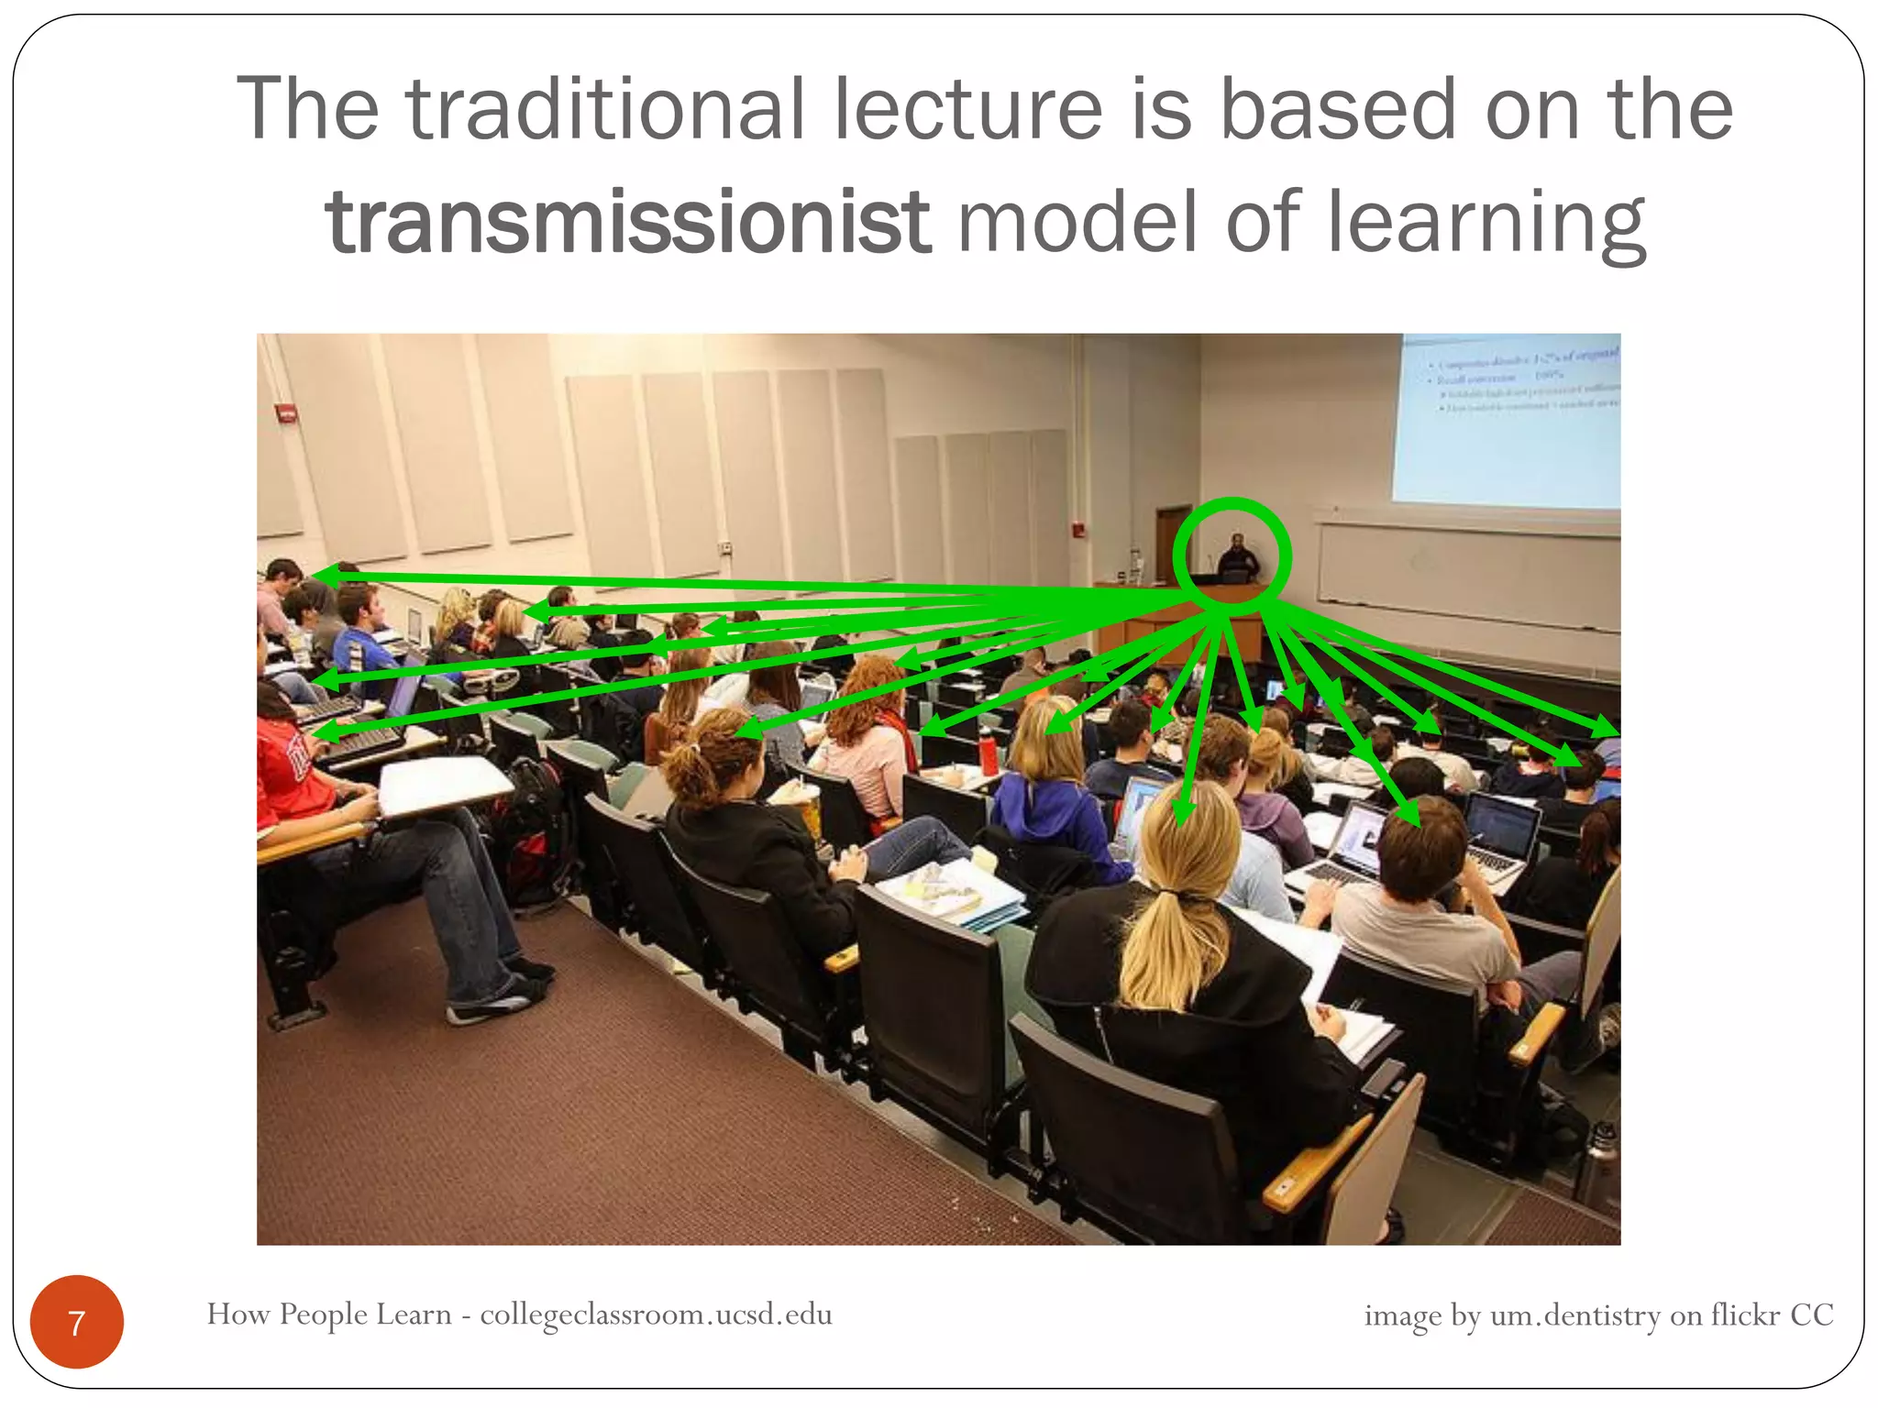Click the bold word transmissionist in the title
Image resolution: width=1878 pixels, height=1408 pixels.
[x=628, y=223]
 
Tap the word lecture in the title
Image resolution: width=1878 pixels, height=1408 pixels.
[x=967, y=110]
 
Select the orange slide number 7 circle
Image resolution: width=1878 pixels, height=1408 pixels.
[x=77, y=1322]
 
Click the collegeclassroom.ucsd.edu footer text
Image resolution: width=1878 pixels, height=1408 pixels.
[x=656, y=1314]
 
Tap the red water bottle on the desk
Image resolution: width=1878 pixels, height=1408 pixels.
[x=987, y=753]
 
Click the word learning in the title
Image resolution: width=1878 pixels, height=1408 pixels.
[x=1486, y=223]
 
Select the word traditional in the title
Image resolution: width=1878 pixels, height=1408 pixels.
[x=605, y=110]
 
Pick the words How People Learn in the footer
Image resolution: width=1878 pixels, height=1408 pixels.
[x=328, y=1314]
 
